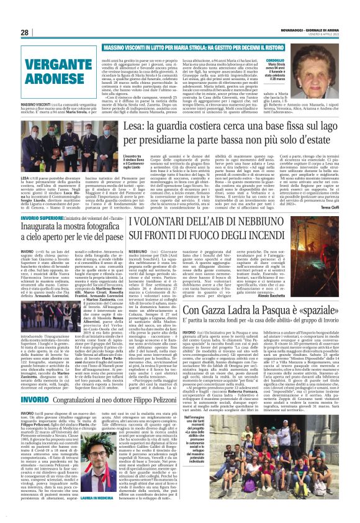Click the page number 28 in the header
[x=25, y=32]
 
